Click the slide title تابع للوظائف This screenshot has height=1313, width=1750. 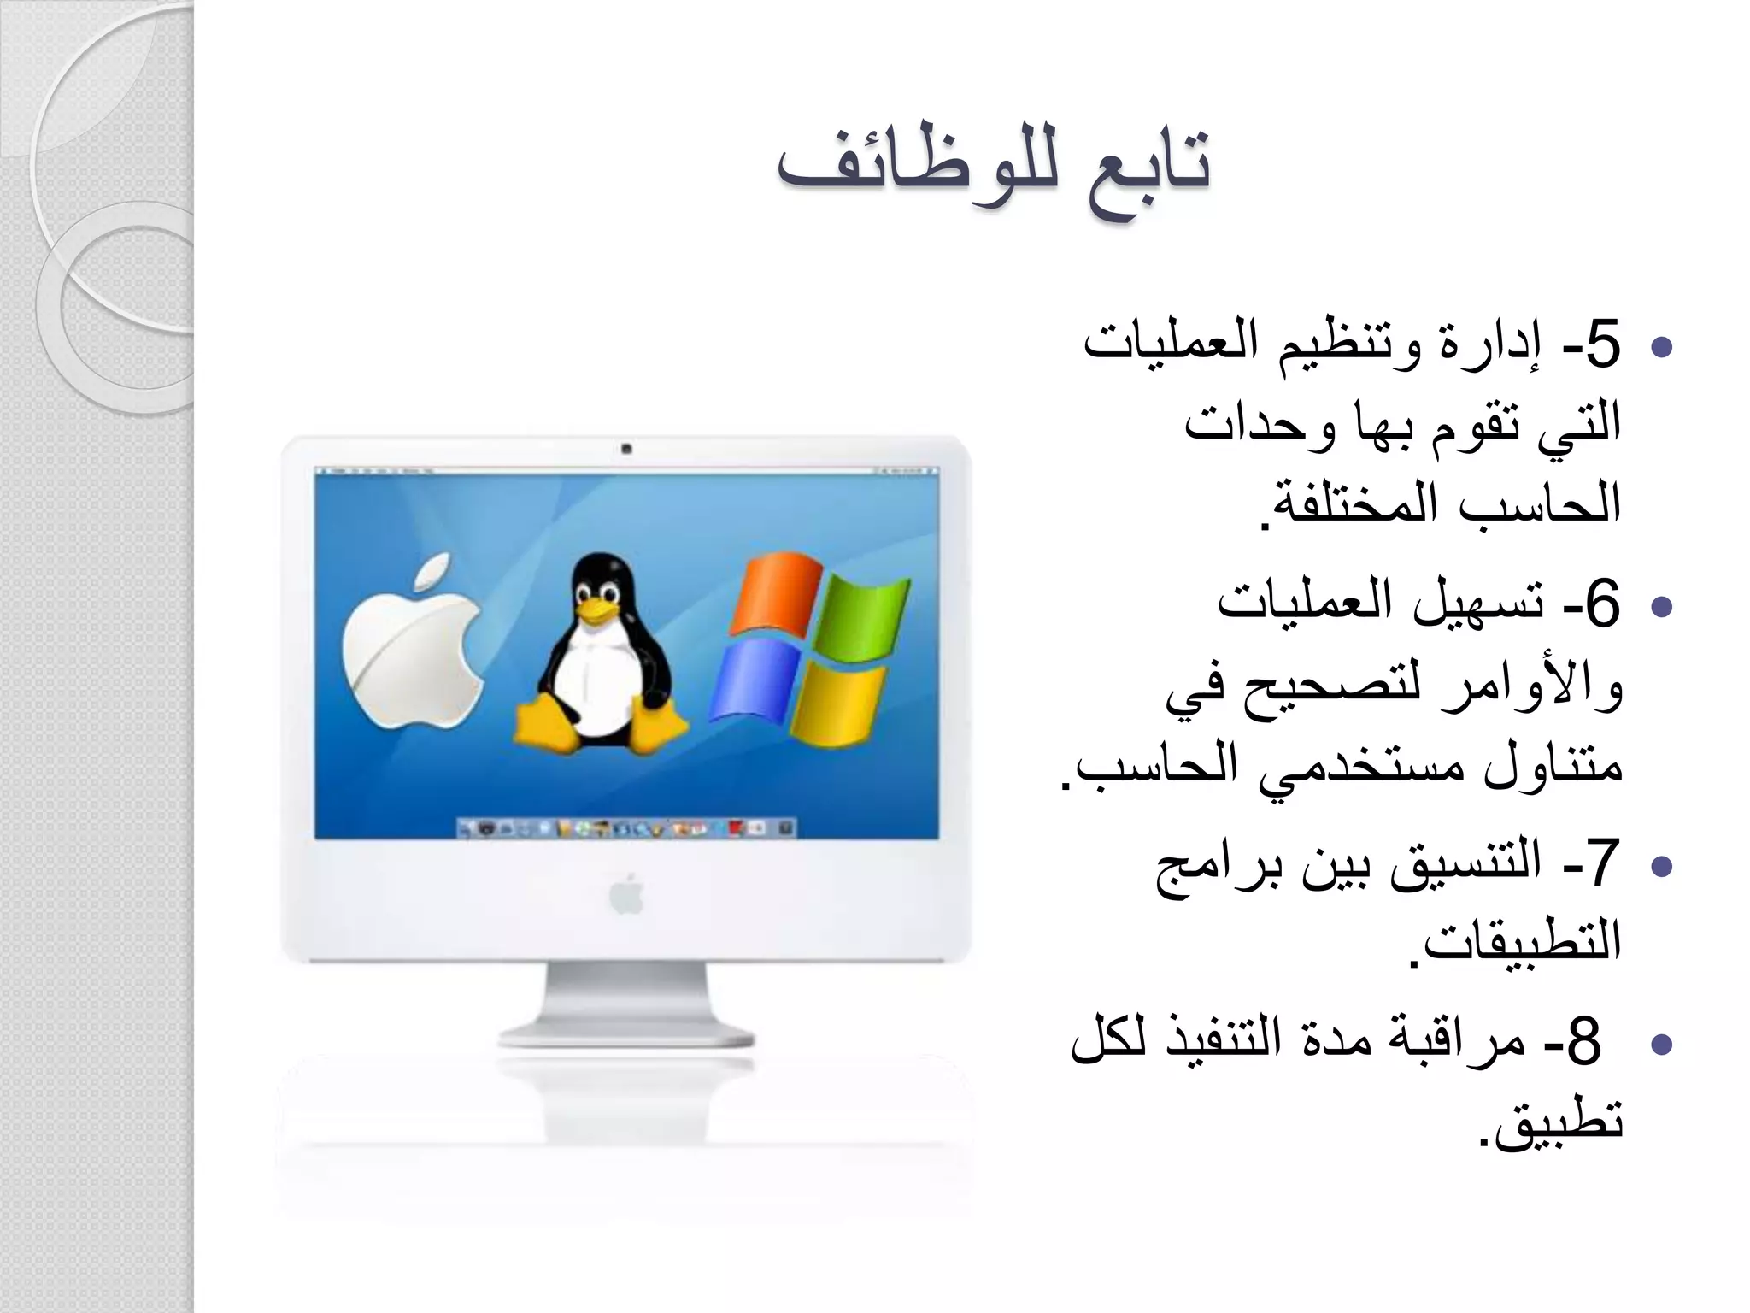(x=993, y=171)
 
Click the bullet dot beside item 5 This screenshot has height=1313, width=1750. (x=1662, y=348)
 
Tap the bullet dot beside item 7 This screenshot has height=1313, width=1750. (x=1662, y=867)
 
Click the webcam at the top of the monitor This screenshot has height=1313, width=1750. (x=626, y=449)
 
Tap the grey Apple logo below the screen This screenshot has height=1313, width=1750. (x=626, y=895)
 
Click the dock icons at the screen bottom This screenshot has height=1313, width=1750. (x=626, y=827)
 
